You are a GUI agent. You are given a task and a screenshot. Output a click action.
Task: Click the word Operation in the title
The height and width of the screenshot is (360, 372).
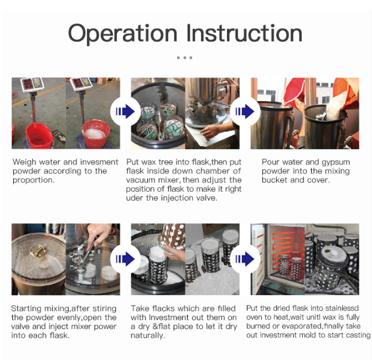coord(122,33)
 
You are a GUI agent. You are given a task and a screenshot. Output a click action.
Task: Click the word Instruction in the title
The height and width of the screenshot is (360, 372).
coord(244,33)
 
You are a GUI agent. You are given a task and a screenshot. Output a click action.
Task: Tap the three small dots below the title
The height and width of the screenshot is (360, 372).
coord(184,58)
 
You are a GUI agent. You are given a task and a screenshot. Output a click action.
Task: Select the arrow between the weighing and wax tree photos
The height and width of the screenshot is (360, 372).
coord(125,111)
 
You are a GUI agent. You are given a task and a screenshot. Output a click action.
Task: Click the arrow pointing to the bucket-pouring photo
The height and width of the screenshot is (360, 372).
coord(245,111)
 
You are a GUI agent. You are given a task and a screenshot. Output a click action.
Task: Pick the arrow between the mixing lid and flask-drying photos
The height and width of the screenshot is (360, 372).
coord(125,259)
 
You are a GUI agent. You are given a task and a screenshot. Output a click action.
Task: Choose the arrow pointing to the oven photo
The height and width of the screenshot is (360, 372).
coord(245,259)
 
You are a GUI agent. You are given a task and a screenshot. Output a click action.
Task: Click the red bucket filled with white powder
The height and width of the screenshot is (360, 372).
coord(96,135)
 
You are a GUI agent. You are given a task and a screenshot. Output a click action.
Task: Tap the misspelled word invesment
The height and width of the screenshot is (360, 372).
coord(99,162)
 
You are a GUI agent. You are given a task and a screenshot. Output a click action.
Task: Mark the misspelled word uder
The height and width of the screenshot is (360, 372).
coord(135,198)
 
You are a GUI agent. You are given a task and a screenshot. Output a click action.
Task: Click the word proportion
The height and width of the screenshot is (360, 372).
coord(33,181)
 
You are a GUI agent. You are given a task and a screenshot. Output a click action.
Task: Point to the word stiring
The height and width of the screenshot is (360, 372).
coord(105,309)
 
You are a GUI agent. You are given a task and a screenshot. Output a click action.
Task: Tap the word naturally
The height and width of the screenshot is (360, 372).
coord(148,336)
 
